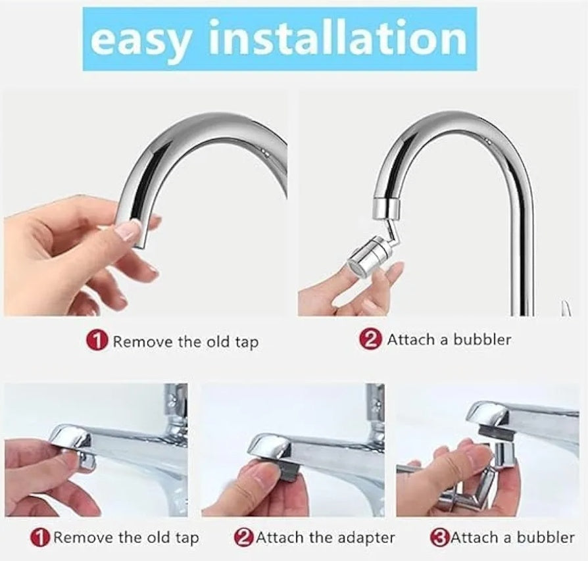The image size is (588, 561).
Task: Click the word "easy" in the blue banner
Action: (x=143, y=40)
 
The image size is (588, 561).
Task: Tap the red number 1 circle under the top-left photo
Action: (x=98, y=341)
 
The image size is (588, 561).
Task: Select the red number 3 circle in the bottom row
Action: (x=439, y=538)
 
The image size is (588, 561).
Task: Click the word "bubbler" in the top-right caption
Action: (x=482, y=339)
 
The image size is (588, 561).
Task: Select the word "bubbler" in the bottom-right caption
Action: (x=546, y=537)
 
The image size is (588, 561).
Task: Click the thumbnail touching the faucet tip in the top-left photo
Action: (x=128, y=229)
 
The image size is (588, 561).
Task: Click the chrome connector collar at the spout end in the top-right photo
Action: (x=386, y=208)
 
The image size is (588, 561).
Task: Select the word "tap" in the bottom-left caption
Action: (x=187, y=539)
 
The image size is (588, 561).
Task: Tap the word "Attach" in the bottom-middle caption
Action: (x=280, y=538)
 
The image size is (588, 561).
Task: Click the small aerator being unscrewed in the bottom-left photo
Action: (x=86, y=459)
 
